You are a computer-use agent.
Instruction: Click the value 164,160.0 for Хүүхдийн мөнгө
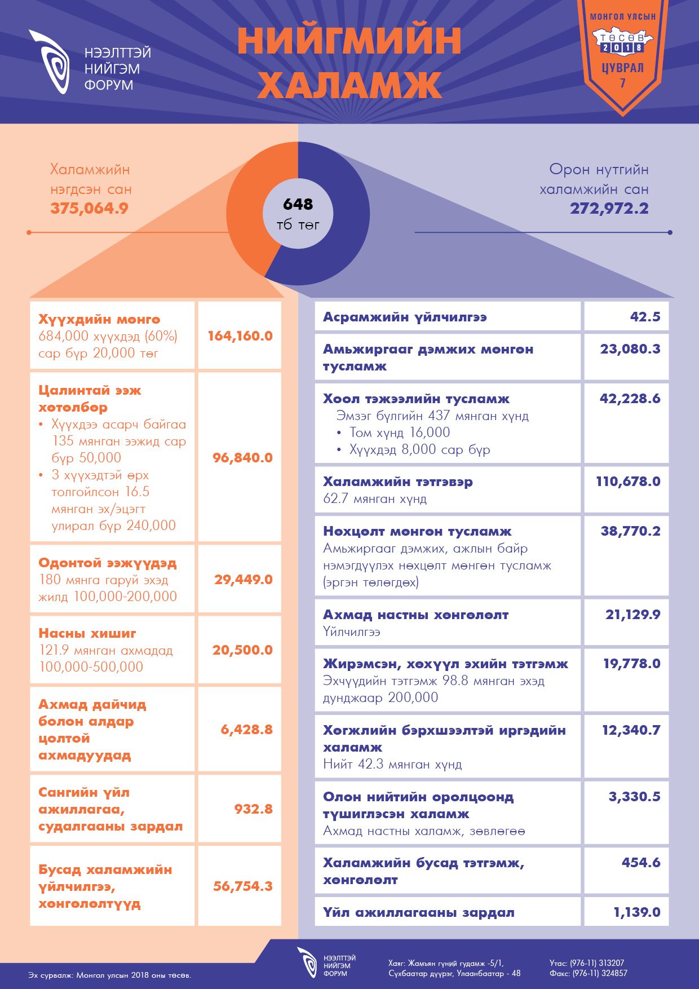click(240, 336)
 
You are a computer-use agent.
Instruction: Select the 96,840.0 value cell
click(242, 457)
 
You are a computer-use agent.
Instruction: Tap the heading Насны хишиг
click(87, 633)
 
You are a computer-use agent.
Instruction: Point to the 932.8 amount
click(253, 809)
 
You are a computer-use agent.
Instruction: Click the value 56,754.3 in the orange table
click(242, 886)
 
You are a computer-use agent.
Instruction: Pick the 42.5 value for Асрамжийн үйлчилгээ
click(645, 317)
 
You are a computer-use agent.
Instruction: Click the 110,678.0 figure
click(628, 482)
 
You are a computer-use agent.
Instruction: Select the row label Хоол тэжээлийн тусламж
click(416, 399)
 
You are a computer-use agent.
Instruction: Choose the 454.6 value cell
click(641, 862)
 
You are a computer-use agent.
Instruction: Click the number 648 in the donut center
click(298, 204)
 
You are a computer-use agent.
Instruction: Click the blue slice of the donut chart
click(344, 226)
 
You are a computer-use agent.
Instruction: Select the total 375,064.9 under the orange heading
click(89, 208)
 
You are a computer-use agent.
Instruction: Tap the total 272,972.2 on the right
click(609, 208)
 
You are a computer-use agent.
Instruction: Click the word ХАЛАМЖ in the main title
click(349, 85)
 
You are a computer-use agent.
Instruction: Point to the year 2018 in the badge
click(622, 48)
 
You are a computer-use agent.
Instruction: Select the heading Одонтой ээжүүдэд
click(108, 563)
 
